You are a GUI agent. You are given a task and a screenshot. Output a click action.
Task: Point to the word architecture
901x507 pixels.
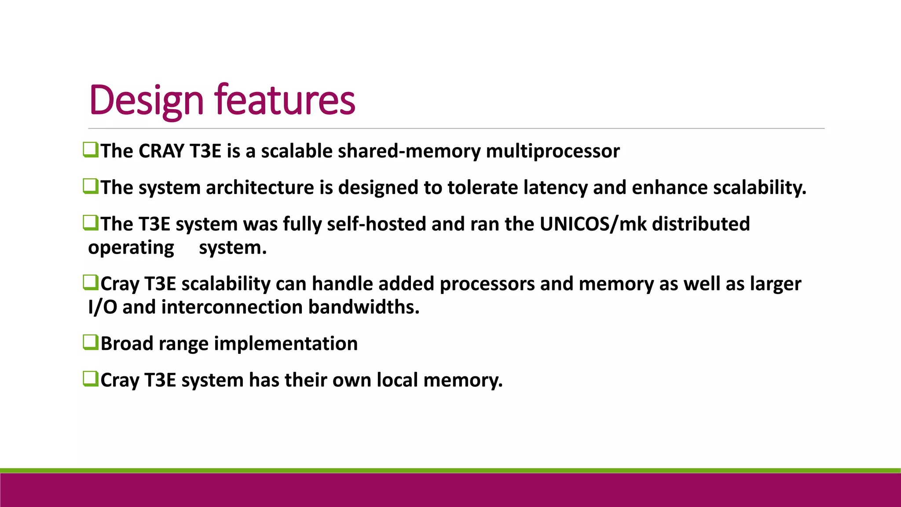[x=260, y=187]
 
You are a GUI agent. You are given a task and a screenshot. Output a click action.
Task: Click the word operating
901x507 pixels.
[x=131, y=248]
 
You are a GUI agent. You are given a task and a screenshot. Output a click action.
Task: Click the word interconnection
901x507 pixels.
[x=232, y=307]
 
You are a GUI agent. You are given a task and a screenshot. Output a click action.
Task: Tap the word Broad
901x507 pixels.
[x=127, y=344]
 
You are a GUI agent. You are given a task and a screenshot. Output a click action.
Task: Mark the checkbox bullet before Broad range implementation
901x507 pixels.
[x=90, y=342]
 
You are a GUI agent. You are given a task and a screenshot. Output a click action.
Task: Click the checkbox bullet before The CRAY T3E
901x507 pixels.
[x=90, y=150]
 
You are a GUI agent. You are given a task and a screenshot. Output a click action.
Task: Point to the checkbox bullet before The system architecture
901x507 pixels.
[x=90, y=186]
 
